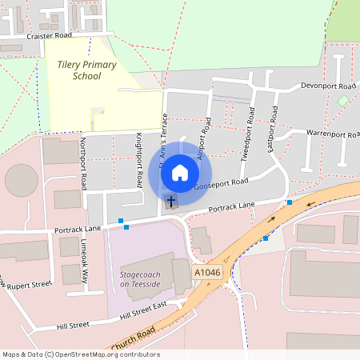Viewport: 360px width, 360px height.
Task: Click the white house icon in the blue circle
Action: [180, 172]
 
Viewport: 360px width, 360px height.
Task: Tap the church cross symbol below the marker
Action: [170, 200]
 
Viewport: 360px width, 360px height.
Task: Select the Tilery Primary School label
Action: [86, 70]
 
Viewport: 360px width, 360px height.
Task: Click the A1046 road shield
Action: [206, 273]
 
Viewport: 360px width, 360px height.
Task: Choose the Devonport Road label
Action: [328, 86]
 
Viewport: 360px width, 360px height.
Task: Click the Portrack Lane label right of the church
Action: [231, 206]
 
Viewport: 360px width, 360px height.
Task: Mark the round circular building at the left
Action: [22, 180]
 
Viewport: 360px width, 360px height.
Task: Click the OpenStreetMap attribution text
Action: [80, 354]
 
